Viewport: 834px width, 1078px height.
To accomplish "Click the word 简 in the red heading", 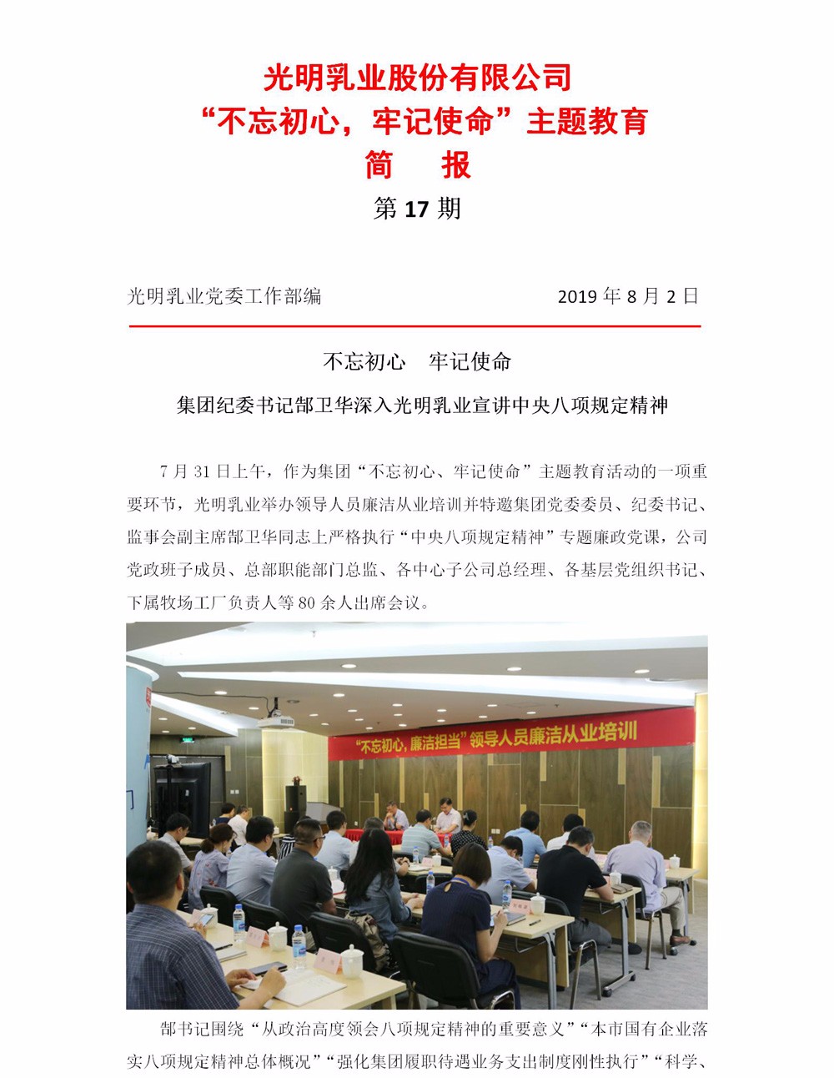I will pos(379,165).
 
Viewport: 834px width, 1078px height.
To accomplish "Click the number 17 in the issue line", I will pos(415,209).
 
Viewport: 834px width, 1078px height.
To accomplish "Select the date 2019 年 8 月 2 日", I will pos(627,296).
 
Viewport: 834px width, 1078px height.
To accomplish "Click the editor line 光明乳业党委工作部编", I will pos(224,296).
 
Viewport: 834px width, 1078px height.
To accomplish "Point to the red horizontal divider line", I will pos(414,326).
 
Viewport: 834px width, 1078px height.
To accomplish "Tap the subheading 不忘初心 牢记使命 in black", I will pos(416,361).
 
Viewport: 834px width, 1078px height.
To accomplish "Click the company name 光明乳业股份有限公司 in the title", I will pos(417,78).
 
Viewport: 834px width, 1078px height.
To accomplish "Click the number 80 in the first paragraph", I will pos(306,602).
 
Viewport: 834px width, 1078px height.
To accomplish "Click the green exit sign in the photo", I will pos(187,740).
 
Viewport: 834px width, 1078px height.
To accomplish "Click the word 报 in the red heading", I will pos(456,165).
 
